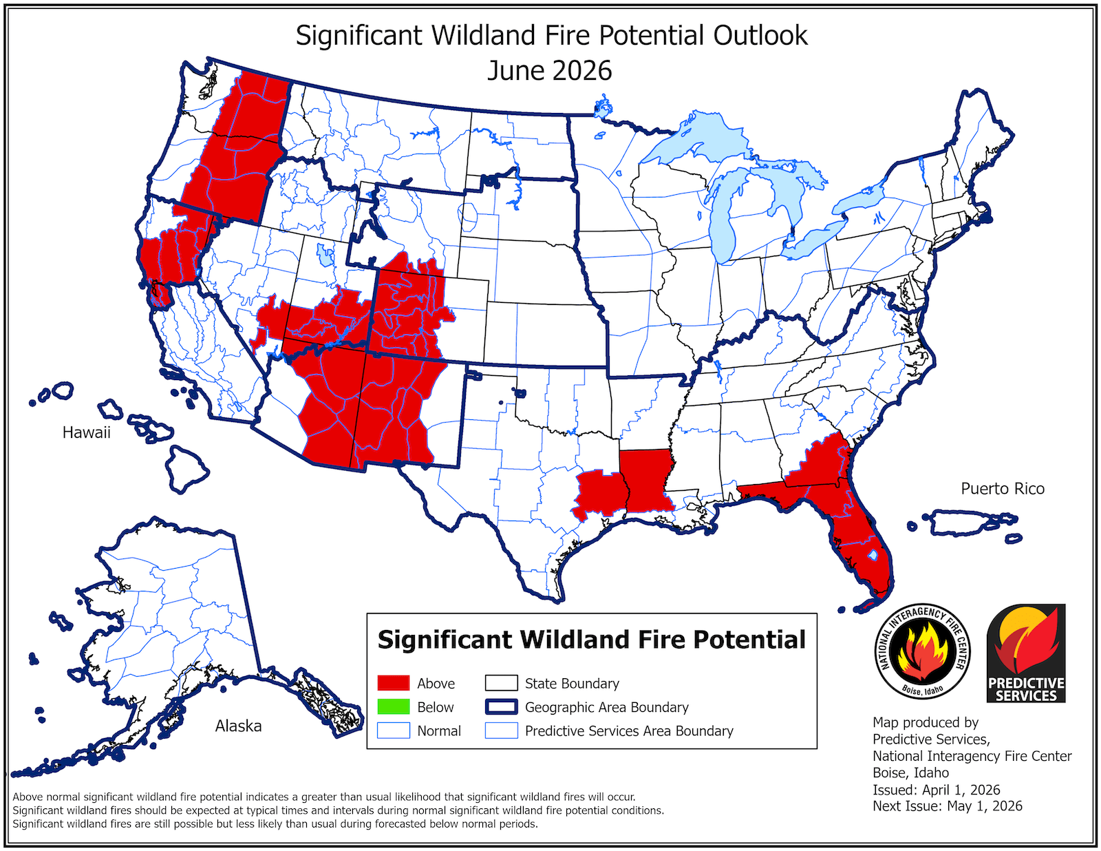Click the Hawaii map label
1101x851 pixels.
coord(86,432)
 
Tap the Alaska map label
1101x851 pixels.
coord(238,726)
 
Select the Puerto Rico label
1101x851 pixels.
coord(1002,489)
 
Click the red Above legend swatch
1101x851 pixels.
coord(394,683)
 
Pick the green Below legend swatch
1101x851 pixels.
coord(394,707)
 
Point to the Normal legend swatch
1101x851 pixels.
coord(394,731)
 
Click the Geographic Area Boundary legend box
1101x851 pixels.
coord(501,707)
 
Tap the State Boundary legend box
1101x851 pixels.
coord(501,683)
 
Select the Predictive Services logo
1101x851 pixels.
coord(1026,653)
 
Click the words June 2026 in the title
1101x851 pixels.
coord(549,71)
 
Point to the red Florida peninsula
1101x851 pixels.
coord(860,544)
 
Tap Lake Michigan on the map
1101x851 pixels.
coord(729,213)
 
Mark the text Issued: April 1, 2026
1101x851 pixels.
coord(936,790)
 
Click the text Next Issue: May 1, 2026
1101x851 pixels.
coord(947,806)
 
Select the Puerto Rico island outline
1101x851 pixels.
coord(970,522)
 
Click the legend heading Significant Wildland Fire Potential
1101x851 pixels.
coord(591,640)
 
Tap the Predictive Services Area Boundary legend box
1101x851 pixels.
coord(501,731)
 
